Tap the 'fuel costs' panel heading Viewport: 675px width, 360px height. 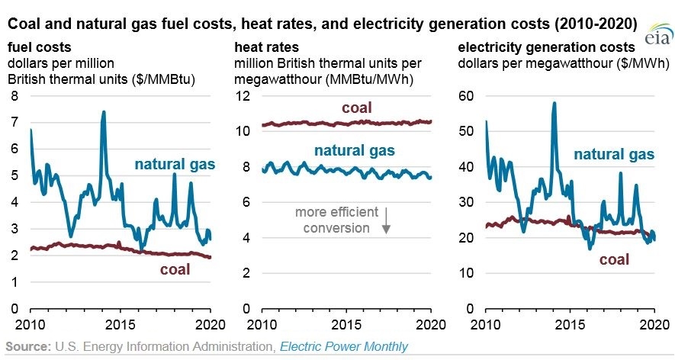tap(39, 47)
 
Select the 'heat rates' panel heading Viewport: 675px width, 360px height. tap(266, 47)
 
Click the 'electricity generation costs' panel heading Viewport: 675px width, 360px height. tap(546, 47)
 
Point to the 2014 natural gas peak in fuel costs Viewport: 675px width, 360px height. tap(103, 113)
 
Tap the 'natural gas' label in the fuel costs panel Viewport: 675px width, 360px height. tap(175, 164)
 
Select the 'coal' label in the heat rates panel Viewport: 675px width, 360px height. tap(356, 108)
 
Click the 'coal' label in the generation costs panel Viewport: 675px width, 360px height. tap(614, 259)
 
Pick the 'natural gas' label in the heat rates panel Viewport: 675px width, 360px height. tap(355, 150)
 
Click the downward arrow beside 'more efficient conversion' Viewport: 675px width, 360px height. tap(386, 220)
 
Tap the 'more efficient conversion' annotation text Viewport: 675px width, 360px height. tap(336, 220)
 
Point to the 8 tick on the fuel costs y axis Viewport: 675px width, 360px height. tap(14, 95)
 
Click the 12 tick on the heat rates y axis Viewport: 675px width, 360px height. tap(243, 95)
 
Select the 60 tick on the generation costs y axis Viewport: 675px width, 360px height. tap(466, 95)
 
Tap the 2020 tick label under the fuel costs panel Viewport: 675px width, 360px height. tap(210, 324)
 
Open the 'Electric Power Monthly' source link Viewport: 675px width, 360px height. tap(343, 346)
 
